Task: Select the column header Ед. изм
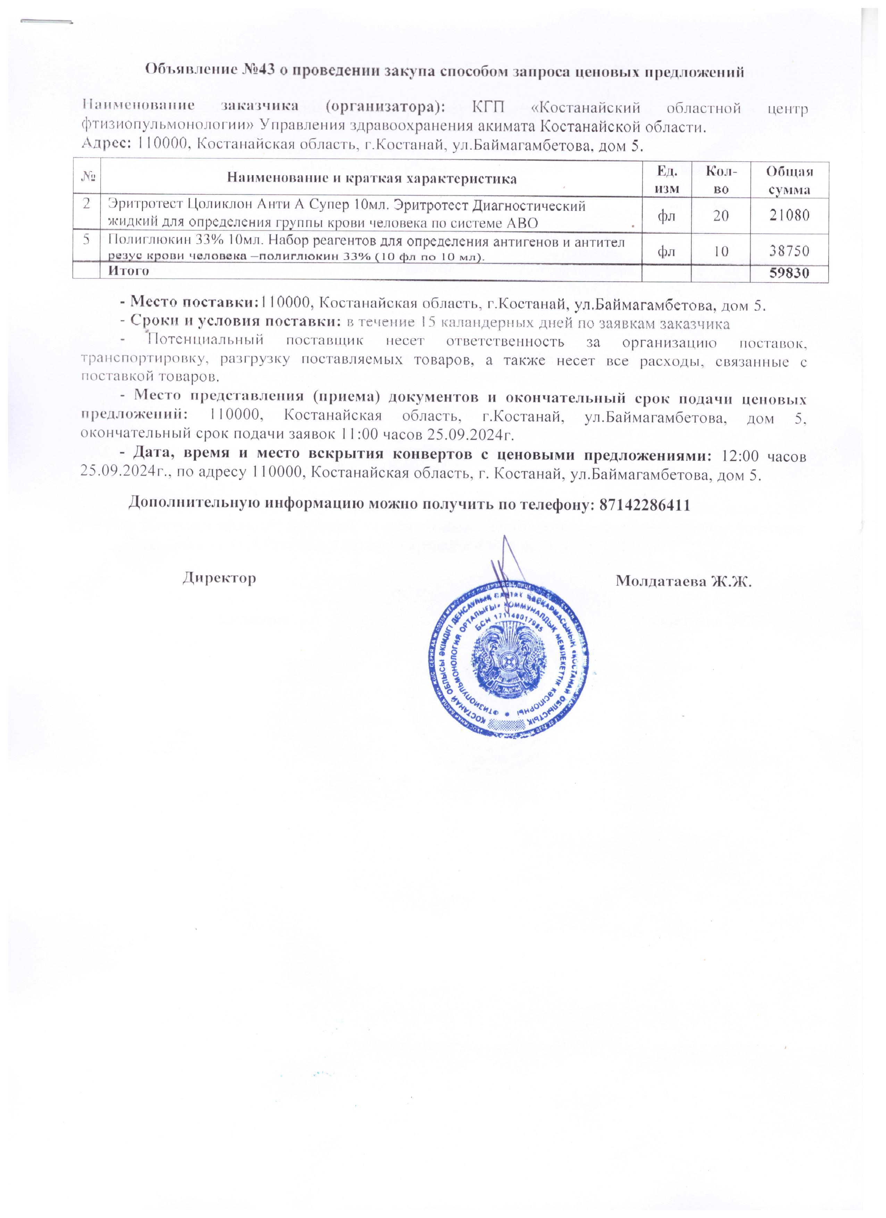(x=667, y=179)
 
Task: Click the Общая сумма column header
(x=789, y=179)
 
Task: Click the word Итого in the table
(x=128, y=271)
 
